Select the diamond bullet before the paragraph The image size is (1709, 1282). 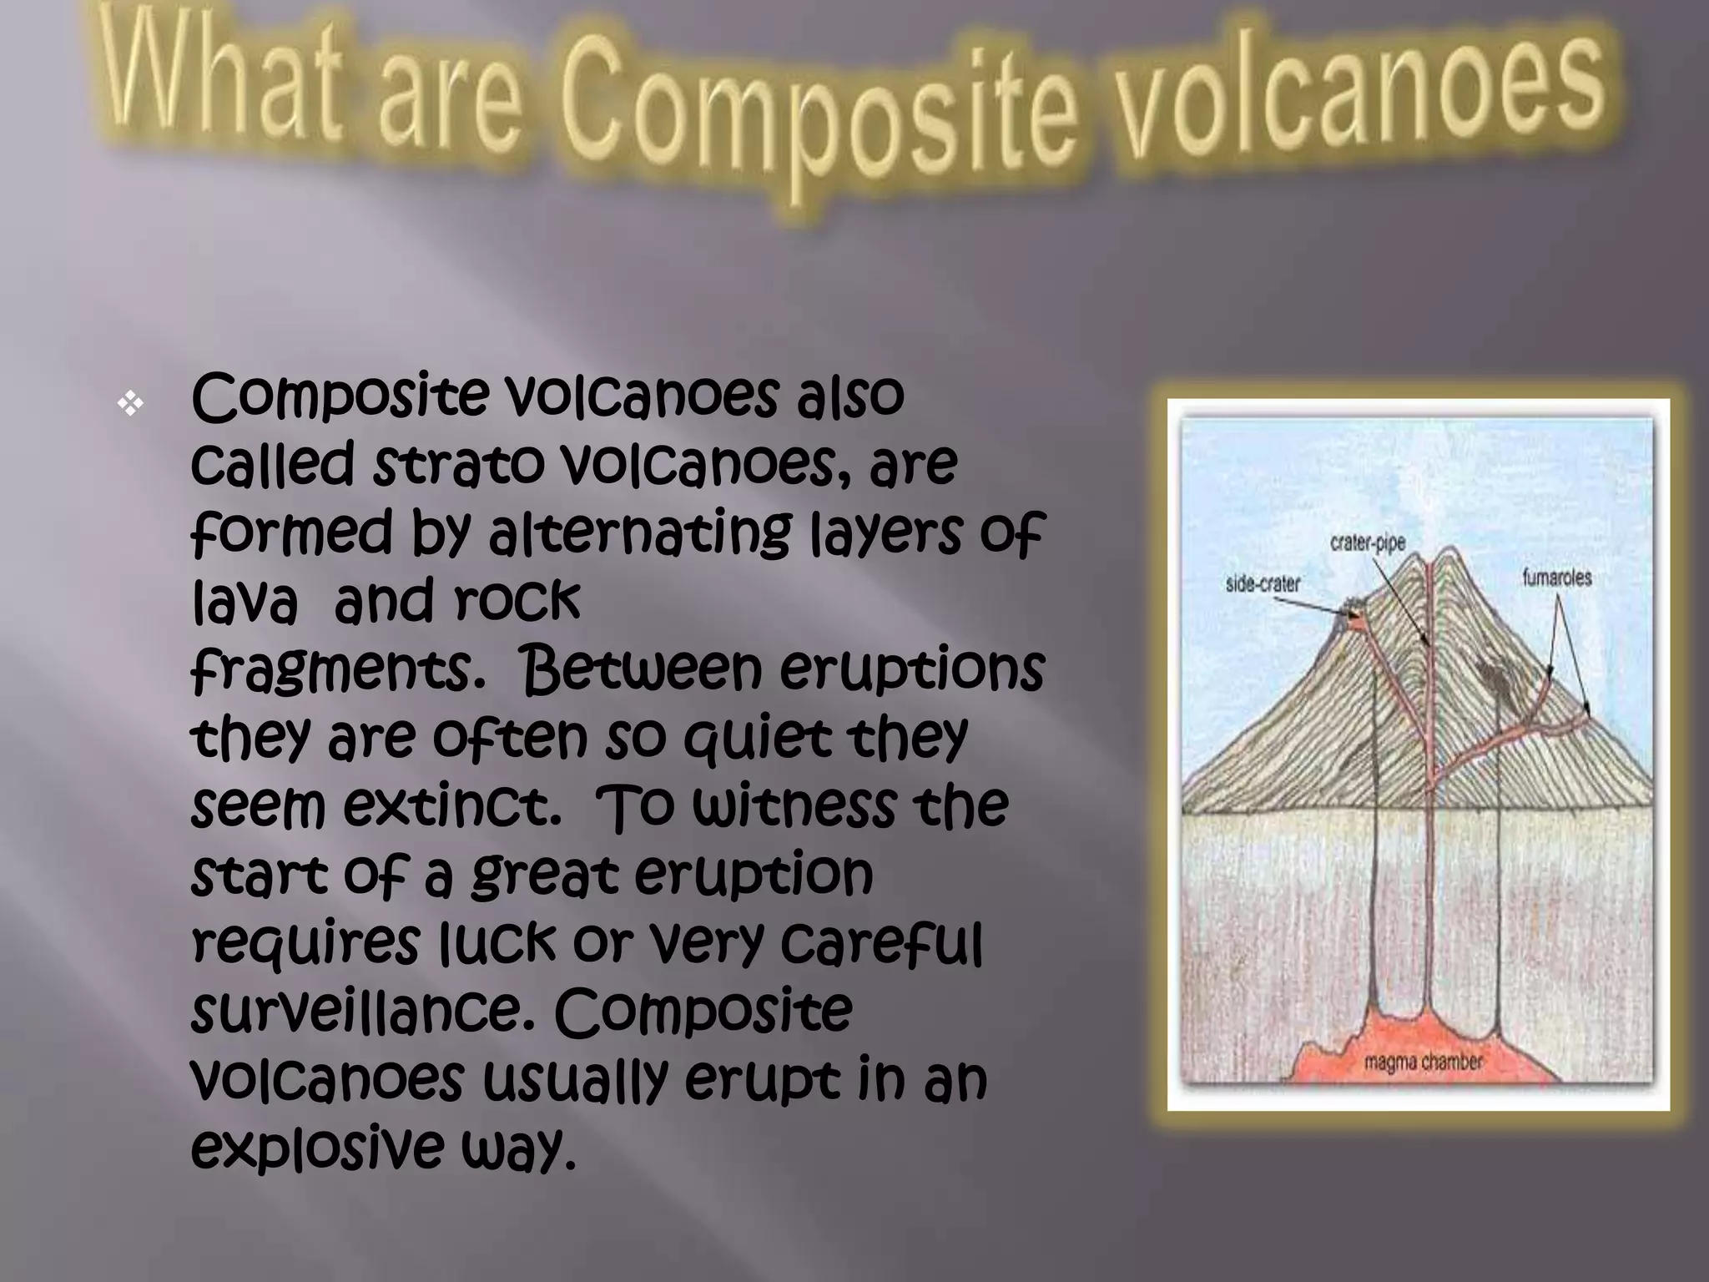(x=131, y=406)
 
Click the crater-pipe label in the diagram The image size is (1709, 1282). (x=1367, y=543)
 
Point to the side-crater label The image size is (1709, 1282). (x=1262, y=583)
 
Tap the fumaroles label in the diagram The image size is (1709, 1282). (x=1556, y=577)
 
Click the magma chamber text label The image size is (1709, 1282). (x=1423, y=1062)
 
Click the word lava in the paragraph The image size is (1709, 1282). (x=245, y=602)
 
